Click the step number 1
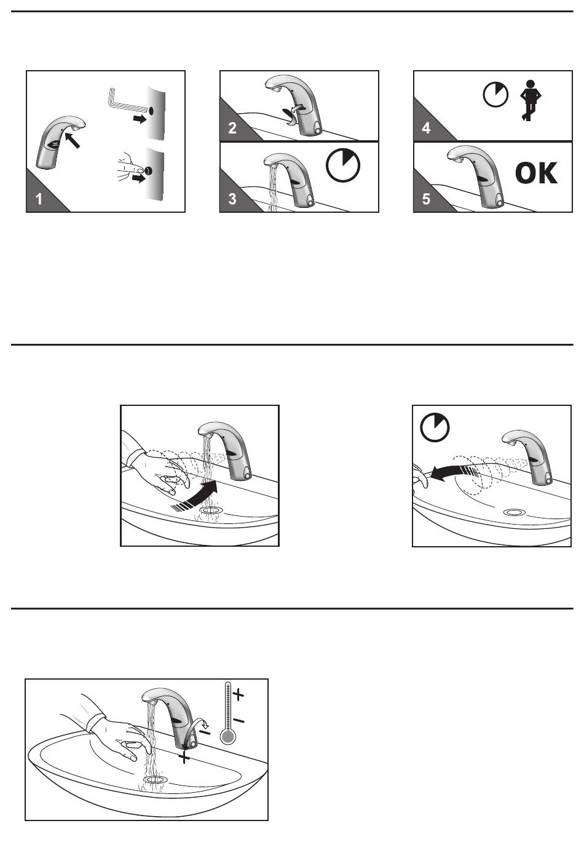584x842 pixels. coord(39,199)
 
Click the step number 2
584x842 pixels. coord(232,128)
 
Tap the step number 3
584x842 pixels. coord(232,199)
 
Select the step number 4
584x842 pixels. coord(426,128)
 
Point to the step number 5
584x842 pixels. coord(426,199)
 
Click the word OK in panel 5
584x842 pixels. coord(536,173)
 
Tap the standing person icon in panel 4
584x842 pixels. coord(530,100)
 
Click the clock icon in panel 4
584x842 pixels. coord(495,94)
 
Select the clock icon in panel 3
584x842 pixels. coord(343,165)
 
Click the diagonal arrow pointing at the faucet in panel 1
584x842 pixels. coord(73,140)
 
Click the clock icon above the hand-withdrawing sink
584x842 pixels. coord(435,427)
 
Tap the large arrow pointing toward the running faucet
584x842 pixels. coord(195,496)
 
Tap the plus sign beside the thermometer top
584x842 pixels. coord(239,694)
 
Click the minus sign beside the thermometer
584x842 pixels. coord(239,720)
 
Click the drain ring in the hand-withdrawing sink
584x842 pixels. coord(515,512)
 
